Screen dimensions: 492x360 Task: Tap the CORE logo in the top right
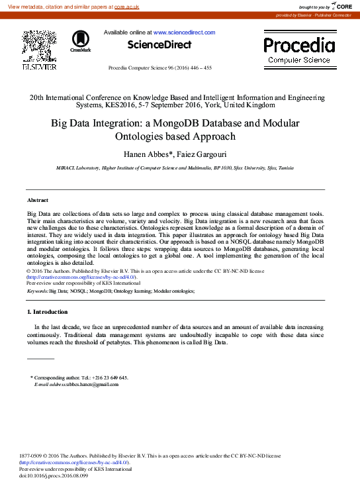[342, 6]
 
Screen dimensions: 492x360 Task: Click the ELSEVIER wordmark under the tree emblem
[40, 67]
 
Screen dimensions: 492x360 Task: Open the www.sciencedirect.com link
[184, 32]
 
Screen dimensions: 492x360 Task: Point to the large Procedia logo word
[299, 45]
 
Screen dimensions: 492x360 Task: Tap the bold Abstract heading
[38, 200]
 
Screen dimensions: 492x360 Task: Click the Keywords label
[37, 291]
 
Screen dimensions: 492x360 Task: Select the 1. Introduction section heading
[47, 312]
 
